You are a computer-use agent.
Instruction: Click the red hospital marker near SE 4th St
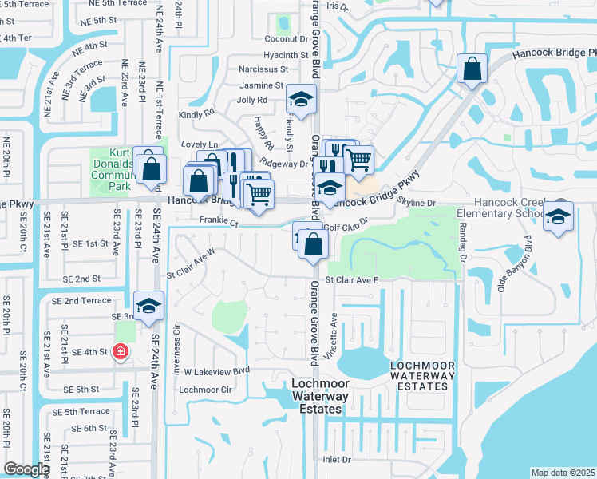point(120,351)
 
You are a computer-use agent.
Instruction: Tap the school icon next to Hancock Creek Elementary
point(559,216)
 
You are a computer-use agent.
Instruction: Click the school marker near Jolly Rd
point(301,100)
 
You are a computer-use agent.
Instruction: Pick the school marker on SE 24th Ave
point(148,307)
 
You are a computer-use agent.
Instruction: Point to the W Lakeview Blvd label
point(217,370)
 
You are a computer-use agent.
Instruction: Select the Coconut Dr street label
point(287,38)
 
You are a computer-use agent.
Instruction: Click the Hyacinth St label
point(287,55)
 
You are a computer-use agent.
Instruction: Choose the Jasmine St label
point(261,85)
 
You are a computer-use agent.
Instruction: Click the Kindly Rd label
point(197,115)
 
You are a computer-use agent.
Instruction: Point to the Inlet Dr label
point(337,460)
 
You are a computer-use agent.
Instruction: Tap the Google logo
point(26,469)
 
